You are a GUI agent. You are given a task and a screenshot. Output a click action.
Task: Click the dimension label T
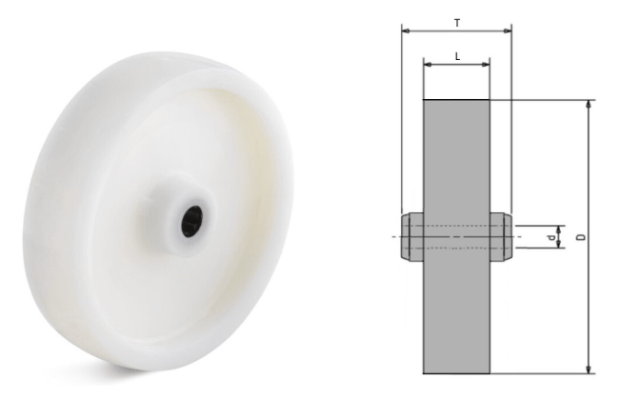point(457,23)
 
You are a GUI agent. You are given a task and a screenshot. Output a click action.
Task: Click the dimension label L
point(457,56)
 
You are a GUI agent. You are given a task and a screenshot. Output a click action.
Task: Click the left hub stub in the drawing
point(412,237)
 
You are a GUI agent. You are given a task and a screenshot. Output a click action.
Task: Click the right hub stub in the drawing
point(501,237)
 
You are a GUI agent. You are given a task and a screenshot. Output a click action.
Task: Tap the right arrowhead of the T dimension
point(508,30)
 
